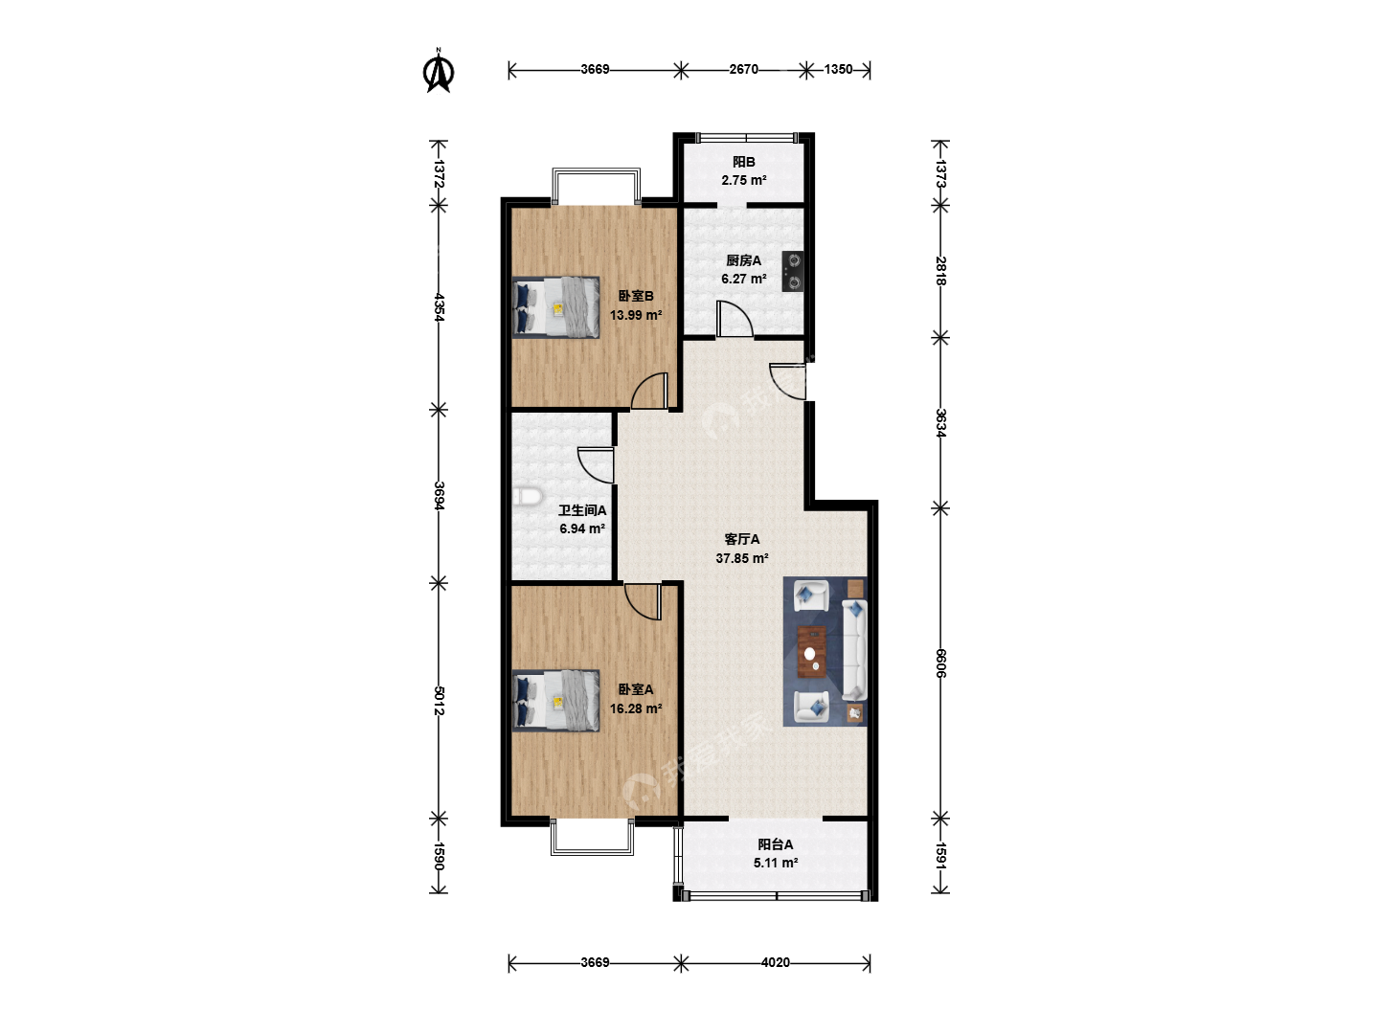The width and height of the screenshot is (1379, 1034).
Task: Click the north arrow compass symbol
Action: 439,71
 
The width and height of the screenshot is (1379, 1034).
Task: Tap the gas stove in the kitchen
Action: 793,271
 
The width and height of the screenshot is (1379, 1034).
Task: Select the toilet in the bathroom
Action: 527,497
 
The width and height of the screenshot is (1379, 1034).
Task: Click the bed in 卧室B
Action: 555,307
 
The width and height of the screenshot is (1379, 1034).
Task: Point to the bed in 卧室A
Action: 555,701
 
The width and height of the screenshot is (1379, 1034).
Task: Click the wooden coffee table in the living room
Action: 812,652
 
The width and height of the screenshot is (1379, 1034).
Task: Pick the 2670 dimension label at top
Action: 744,70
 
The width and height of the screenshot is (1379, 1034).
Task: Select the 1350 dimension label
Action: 838,70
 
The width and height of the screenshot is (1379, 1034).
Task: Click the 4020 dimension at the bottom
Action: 776,962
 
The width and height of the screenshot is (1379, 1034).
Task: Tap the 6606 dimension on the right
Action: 940,663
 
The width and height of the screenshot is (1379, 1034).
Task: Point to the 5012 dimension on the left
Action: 440,701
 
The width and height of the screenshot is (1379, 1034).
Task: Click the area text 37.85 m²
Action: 742,558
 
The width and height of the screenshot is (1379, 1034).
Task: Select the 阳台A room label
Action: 776,844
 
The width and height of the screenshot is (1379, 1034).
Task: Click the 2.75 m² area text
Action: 744,180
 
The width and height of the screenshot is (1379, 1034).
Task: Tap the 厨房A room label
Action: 743,260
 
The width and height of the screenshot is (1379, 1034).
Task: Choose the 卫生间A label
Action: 582,510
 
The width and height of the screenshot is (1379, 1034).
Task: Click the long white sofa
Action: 854,650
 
